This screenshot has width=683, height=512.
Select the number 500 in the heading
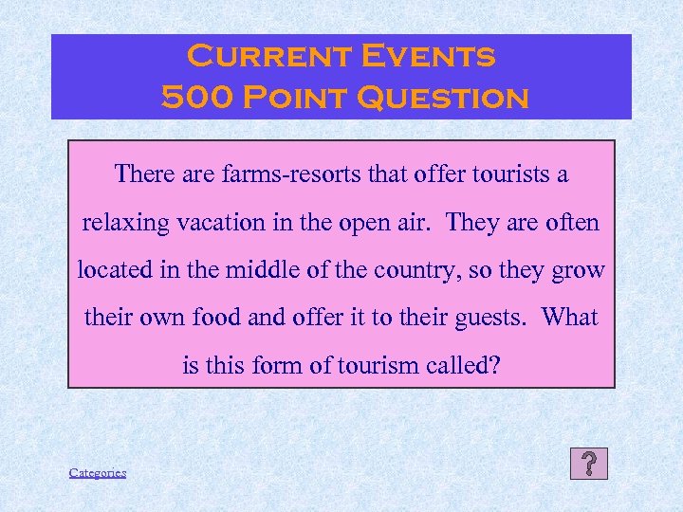coord(193,97)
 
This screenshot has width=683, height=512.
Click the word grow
coord(580,269)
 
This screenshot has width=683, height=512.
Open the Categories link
coord(97,472)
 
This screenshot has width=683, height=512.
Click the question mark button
coord(589,464)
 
